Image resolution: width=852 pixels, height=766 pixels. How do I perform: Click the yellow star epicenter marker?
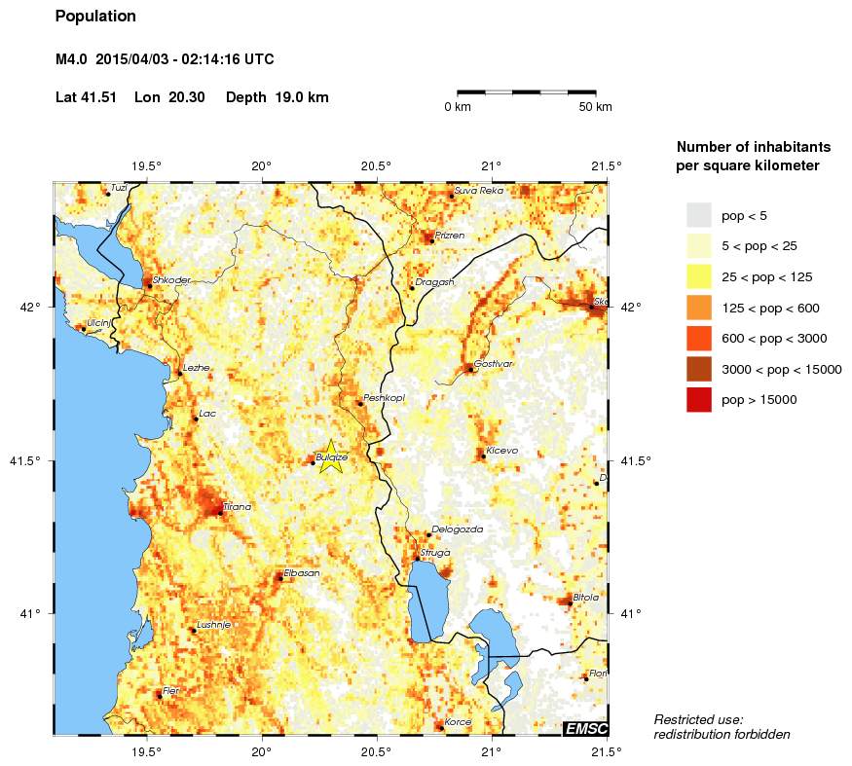click(331, 456)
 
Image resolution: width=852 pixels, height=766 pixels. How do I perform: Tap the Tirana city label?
click(237, 507)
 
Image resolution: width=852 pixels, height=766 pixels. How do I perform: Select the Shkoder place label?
click(171, 280)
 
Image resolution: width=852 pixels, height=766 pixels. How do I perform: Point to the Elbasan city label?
click(301, 573)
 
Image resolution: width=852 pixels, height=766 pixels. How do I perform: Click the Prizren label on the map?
click(449, 236)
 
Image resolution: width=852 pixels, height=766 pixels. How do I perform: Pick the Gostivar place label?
click(493, 364)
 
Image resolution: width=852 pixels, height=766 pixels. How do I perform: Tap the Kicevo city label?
click(501, 451)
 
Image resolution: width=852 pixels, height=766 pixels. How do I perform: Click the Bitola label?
click(585, 598)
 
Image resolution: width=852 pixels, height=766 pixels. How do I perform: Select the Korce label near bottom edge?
click(458, 722)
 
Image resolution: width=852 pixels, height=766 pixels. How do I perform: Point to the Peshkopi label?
click(384, 399)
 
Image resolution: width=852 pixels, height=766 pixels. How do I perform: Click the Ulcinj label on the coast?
click(98, 323)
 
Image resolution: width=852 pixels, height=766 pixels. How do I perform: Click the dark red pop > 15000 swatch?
click(698, 400)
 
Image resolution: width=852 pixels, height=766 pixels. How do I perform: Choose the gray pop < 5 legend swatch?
click(698, 214)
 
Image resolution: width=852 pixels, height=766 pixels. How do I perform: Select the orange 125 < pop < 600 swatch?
click(698, 308)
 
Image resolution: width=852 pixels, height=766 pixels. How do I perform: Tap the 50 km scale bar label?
click(595, 107)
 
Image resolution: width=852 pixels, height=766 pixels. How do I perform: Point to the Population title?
click(95, 17)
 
